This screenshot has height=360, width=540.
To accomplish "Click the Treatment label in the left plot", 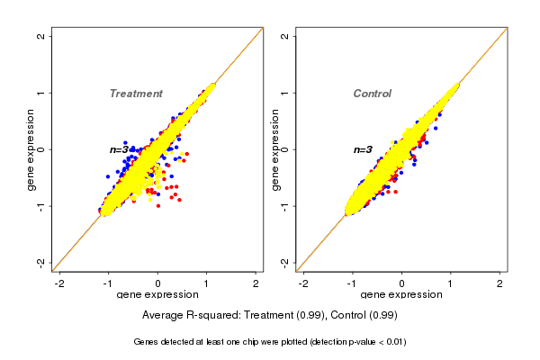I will click(136, 94).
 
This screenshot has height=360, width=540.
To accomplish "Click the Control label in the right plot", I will click(372, 94).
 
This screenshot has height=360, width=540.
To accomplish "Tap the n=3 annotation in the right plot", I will click(363, 150).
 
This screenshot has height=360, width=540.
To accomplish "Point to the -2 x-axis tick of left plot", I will click(60, 283).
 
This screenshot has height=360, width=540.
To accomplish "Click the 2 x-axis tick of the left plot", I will click(256, 283).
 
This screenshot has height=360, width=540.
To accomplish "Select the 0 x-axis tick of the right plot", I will click(402, 283).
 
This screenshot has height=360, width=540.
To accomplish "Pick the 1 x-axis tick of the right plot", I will click(451, 283).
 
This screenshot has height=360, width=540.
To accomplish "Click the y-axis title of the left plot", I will click(31, 149).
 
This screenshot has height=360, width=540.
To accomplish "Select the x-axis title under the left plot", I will click(157, 295).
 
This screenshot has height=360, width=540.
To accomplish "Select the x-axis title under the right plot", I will click(401, 295).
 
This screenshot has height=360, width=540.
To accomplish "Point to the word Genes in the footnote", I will click(147, 343).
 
